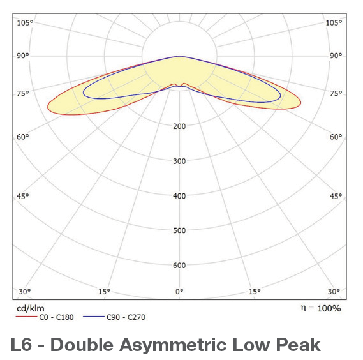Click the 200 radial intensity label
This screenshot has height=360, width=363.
[179, 126]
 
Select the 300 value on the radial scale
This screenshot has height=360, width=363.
[179, 161]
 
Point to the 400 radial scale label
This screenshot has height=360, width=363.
[179, 196]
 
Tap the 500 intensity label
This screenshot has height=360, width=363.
[179, 230]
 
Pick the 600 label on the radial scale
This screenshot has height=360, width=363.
[179, 266]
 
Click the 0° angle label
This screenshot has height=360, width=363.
[179, 292]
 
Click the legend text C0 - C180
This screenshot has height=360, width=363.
[57, 317]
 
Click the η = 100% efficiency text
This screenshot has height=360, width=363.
[320, 308]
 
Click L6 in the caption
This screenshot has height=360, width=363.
[22, 345]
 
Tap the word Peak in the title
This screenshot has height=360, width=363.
[299, 345]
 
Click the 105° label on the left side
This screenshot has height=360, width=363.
[25, 23]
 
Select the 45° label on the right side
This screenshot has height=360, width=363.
[335, 196]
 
